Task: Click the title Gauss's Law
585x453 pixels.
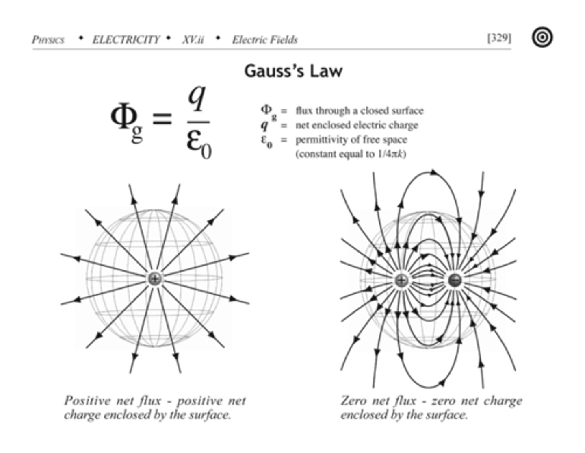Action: click(x=293, y=71)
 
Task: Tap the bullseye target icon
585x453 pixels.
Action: click(x=542, y=37)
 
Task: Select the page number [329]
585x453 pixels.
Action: click(x=499, y=38)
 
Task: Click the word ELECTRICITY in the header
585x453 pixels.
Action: click(x=126, y=39)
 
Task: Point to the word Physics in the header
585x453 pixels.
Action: click(x=48, y=39)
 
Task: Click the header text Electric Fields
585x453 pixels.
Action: click(x=265, y=39)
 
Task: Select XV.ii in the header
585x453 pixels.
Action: click(x=193, y=39)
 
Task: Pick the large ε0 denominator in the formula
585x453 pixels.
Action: click(x=199, y=143)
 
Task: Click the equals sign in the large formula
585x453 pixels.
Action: click(x=162, y=119)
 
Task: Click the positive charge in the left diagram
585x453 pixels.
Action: click(x=154, y=279)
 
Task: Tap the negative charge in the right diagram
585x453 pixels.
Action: click(x=455, y=280)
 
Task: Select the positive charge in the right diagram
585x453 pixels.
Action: click(x=401, y=280)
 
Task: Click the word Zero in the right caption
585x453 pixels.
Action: click(x=353, y=401)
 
